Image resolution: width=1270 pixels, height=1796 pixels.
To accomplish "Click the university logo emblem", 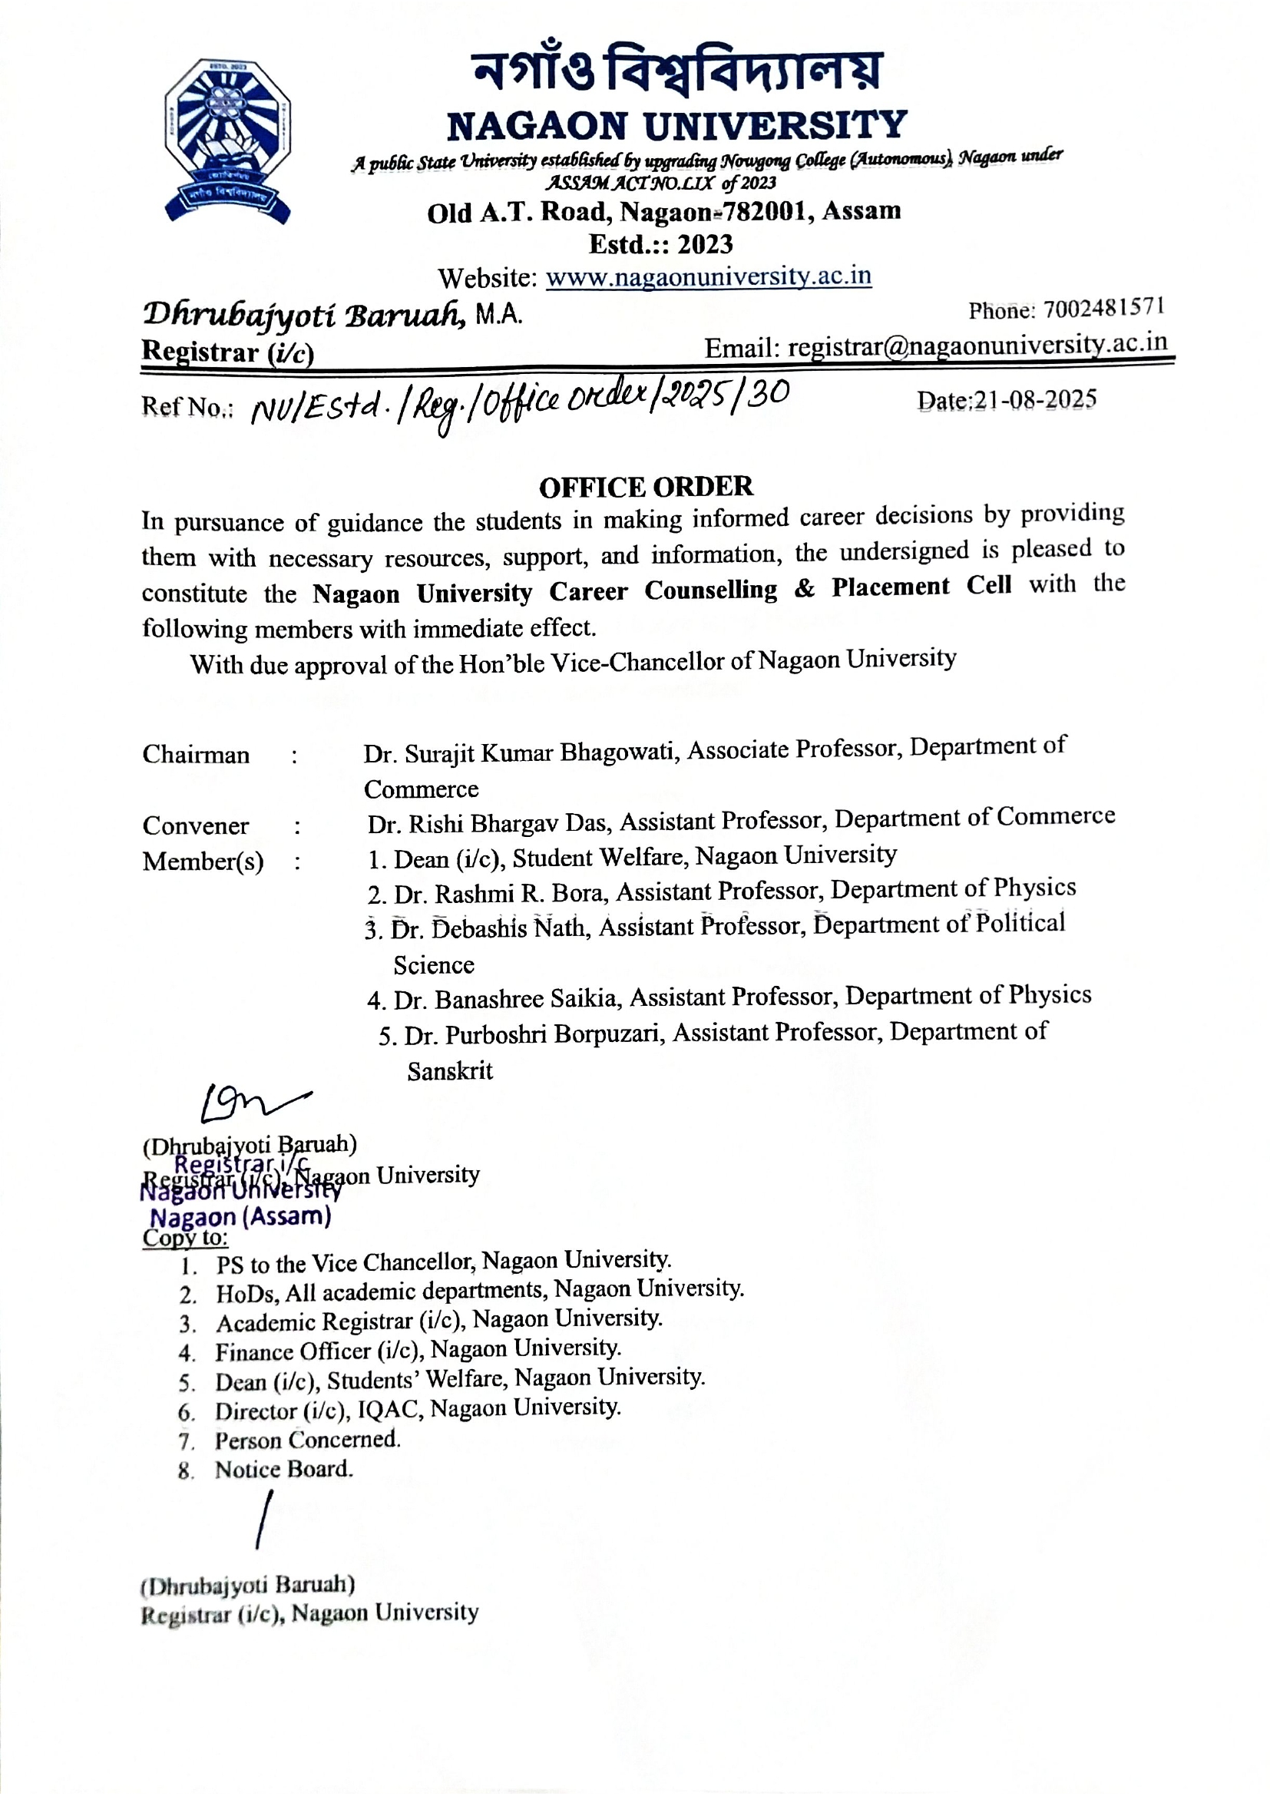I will (x=227, y=141).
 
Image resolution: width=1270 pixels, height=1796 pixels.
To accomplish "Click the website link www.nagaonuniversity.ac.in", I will (x=708, y=277).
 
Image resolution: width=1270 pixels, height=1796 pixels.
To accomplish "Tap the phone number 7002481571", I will (x=1104, y=308).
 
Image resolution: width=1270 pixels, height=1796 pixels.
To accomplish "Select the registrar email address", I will (x=977, y=346).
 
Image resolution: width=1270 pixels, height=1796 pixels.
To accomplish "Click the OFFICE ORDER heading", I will (x=646, y=487).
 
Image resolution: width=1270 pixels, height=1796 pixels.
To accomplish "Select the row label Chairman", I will (x=196, y=755).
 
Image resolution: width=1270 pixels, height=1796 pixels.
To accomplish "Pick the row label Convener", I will (x=196, y=826).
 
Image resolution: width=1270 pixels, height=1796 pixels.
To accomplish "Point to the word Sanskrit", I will (x=450, y=1071).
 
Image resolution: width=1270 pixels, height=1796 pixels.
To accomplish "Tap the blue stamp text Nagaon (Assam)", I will (x=240, y=1217).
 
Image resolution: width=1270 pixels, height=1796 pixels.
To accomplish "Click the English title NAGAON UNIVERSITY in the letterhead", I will (x=676, y=125).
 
